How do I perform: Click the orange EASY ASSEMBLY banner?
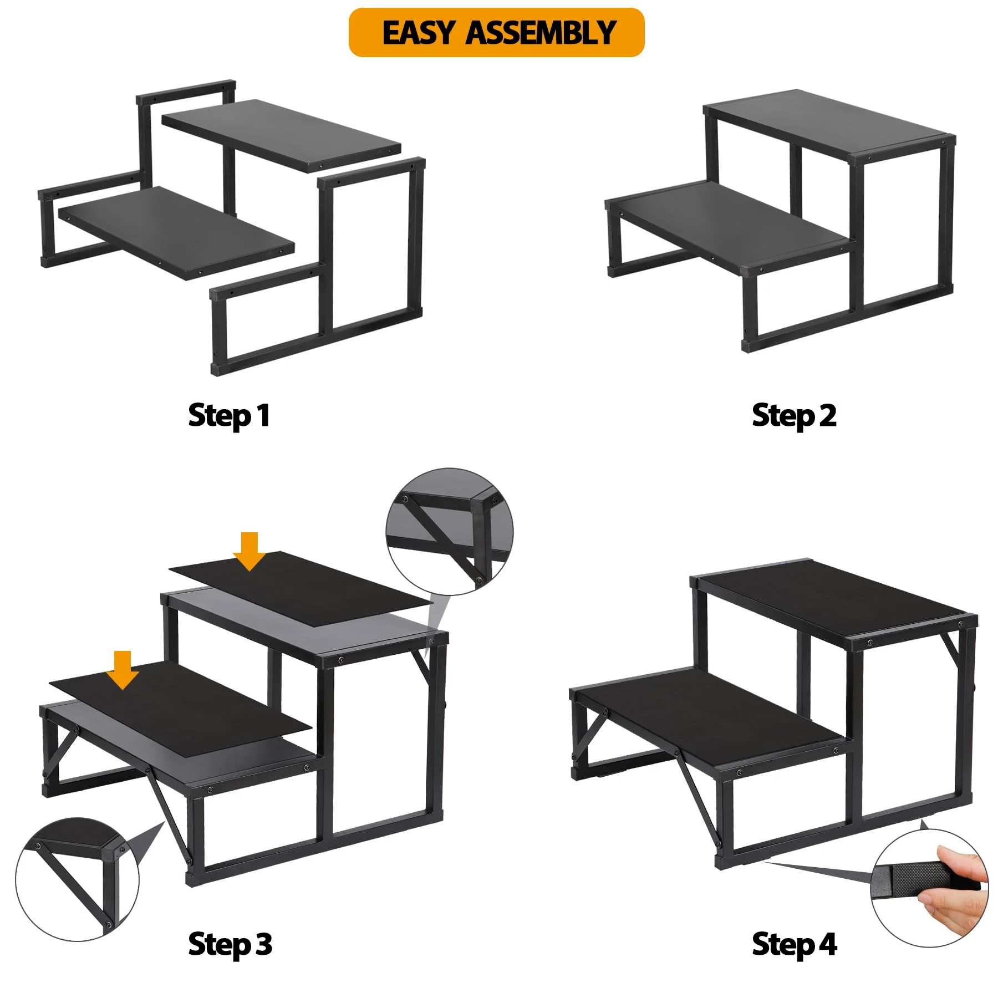pos(496,32)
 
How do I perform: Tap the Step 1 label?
pos(229,416)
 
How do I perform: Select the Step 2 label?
pos(794,416)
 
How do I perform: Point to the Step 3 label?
pos(230,944)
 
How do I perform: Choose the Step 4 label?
pos(794,944)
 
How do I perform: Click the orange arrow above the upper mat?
pos(249,551)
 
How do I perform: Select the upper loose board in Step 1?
pos(281,136)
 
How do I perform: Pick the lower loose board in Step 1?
pos(176,233)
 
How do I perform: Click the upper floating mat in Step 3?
pos(301,588)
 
